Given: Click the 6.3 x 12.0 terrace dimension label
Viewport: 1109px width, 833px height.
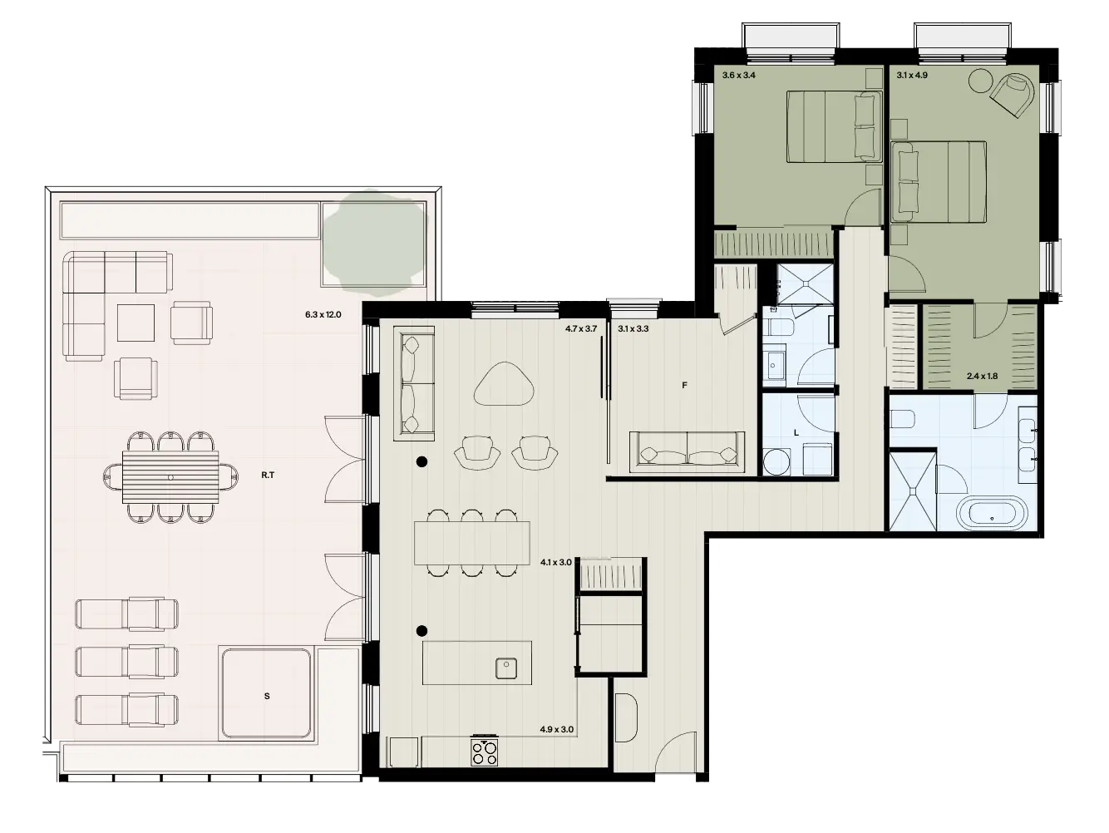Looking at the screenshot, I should click(324, 315).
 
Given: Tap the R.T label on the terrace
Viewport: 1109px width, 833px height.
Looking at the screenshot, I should click(268, 476).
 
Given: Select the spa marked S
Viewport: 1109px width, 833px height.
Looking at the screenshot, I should click(266, 695).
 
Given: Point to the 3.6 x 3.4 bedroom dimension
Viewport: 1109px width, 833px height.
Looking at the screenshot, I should click(738, 76).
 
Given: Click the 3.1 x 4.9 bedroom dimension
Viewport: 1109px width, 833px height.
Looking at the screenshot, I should click(913, 76).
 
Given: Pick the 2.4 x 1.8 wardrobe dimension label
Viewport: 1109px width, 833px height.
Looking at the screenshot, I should click(982, 376).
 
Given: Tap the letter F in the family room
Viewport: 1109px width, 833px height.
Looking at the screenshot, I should click(684, 385).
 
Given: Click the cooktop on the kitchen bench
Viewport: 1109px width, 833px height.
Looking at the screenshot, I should click(485, 752).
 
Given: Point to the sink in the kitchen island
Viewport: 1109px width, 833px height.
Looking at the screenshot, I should click(505, 668).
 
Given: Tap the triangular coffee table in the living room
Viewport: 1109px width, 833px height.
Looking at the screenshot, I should click(505, 384).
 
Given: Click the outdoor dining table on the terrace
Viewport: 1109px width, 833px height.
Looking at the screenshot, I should click(170, 477).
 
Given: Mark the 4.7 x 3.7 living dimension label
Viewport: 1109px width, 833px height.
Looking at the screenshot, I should click(581, 329).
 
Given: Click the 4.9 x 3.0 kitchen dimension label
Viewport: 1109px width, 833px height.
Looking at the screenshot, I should click(557, 730).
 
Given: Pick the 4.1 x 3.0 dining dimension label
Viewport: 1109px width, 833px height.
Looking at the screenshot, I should click(556, 562).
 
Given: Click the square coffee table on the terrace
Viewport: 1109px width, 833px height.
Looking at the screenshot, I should click(136, 323).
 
